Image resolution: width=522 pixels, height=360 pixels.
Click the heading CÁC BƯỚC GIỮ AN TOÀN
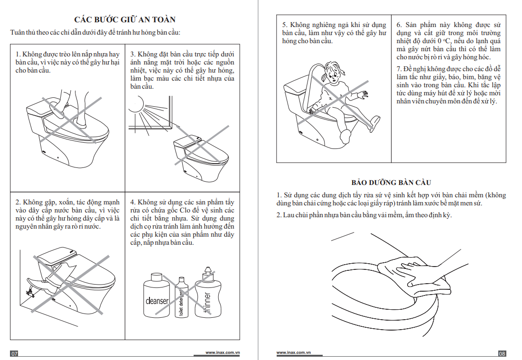[x=125, y=19]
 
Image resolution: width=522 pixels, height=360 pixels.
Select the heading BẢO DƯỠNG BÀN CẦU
[x=391, y=183]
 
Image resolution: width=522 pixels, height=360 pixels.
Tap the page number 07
[x=14, y=354]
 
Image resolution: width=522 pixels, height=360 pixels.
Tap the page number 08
[x=502, y=354]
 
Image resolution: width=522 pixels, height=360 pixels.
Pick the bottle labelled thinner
[x=208, y=296]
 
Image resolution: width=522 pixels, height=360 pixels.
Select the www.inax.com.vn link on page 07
[x=223, y=352]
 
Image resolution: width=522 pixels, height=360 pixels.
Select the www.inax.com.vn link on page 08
[x=293, y=352]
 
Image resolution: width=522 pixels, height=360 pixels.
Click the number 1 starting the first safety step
[x=17, y=54]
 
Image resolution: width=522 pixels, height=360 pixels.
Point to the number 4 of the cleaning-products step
[x=132, y=202]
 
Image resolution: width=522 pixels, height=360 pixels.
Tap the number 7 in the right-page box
[x=399, y=69]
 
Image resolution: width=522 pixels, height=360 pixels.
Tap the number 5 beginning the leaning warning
[x=284, y=25]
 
